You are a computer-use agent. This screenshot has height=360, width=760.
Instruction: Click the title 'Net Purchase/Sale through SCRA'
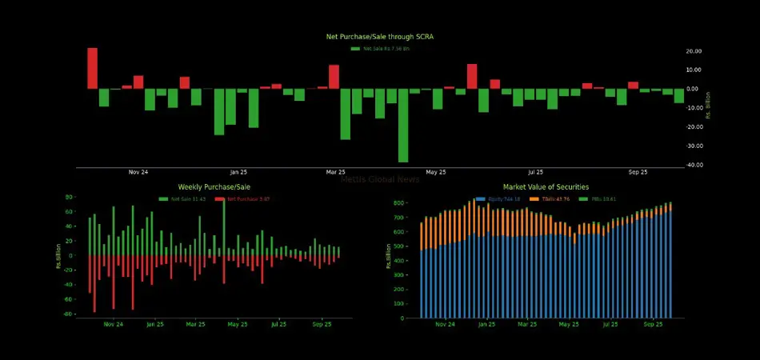click(380, 37)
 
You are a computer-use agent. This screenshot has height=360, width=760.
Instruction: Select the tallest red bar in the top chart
click(92, 68)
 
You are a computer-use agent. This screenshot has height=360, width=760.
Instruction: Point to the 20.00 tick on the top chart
click(694, 51)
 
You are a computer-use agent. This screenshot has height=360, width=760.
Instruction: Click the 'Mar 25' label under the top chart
click(336, 172)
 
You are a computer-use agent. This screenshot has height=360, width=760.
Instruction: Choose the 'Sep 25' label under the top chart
click(638, 172)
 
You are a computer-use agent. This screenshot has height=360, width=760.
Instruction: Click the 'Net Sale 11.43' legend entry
click(182, 198)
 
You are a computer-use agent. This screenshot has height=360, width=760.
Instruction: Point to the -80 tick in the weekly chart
click(69, 314)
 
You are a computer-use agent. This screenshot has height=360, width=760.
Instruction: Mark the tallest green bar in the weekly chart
click(223, 226)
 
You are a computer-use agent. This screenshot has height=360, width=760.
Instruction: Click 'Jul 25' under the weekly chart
click(278, 325)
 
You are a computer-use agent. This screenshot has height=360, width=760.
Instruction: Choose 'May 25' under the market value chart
click(569, 325)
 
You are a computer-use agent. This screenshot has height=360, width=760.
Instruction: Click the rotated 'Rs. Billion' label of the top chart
click(709, 110)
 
